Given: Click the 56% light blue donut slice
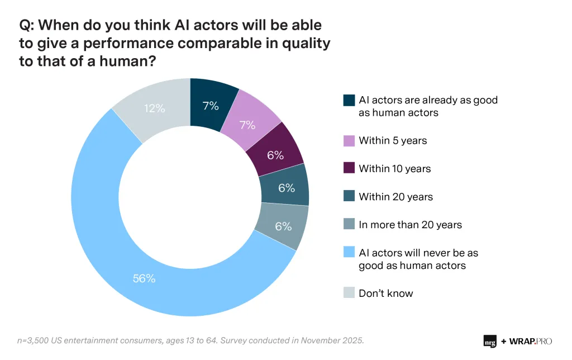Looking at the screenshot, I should pyautogui.click(x=144, y=278).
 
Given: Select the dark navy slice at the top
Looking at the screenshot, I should pyautogui.click(x=211, y=105).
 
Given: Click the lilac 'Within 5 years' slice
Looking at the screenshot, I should pyautogui.click(x=247, y=125).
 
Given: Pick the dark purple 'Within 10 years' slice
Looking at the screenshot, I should pyautogui.click(x=275, y=155).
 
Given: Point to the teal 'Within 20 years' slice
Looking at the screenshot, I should pyautogui.click(x=286, y=188).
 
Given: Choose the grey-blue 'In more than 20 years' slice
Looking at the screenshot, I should pyautogui.click(x=283, y=226).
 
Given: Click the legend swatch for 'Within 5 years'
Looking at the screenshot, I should pyautogui.click(x=349, y=140).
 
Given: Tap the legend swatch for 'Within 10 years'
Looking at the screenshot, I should pyautogui.click(x=349, y=168).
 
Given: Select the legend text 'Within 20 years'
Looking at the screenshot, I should pyautogui.click(x=395, y=197).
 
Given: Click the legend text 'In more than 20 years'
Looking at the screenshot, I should pyautogui.click(x=410, y=225).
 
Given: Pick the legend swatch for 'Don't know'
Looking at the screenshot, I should pyautogui.click(x=349, y=293).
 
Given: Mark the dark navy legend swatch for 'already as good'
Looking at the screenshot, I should pyautogui.click(x=349, y=101).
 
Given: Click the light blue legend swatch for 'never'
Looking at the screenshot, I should pyautogui.click(x=349, y=253).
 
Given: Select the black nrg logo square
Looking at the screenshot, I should pyautogui.click(x=490, y=340).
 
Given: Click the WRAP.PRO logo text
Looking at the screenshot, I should pyautogui.click(x=529, y=340).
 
